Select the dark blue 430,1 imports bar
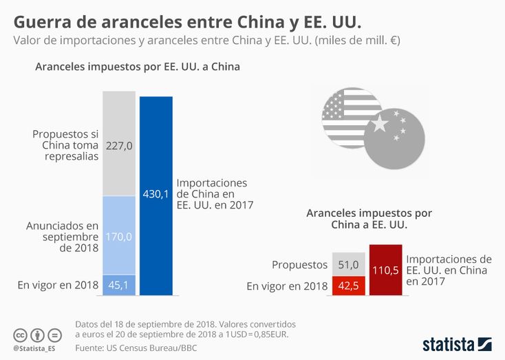click(155, 195)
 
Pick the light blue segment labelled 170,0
click(119, 235)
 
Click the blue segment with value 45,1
click(119, 285)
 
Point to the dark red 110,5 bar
click(385, 270)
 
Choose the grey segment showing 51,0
click(349, 264)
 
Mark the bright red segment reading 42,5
click(349, 286)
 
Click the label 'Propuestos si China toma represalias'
click(66, 145)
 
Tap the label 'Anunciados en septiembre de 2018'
click(63, 236)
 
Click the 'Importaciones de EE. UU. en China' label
click(449, 270)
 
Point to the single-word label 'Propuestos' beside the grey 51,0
click(299, 264)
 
